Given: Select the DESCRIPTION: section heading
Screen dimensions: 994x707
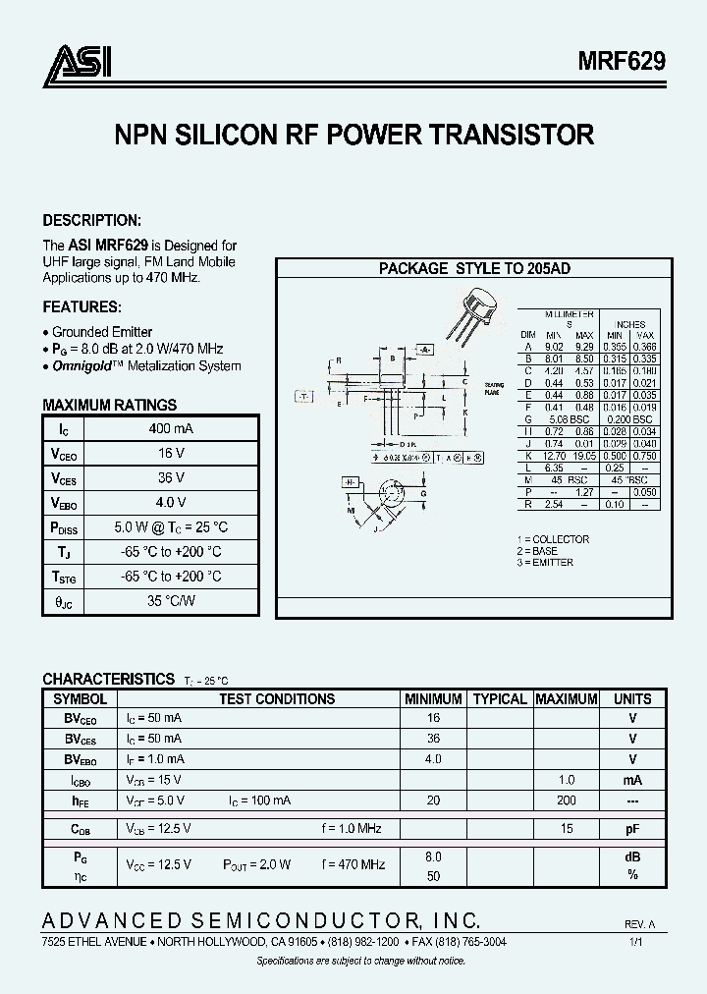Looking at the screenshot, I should point(92,221).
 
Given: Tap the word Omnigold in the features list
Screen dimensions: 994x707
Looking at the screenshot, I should point(82,365).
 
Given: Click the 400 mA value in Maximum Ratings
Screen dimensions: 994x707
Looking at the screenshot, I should point(171,429).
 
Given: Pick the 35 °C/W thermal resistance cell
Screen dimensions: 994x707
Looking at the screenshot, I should point(171,600).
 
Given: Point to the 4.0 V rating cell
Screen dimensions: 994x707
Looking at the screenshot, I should point(171,502).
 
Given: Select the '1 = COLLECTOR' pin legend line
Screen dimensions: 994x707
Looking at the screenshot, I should point(553,539).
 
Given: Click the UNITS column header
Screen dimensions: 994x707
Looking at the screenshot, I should point(632,699).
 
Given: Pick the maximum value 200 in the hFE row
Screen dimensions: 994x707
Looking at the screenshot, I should point(566,801).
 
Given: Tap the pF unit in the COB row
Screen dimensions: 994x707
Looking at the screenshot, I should point(632,829).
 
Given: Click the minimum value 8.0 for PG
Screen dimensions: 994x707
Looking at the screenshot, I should point(433,856).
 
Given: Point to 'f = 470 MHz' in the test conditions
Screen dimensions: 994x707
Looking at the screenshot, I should point(352,864).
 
